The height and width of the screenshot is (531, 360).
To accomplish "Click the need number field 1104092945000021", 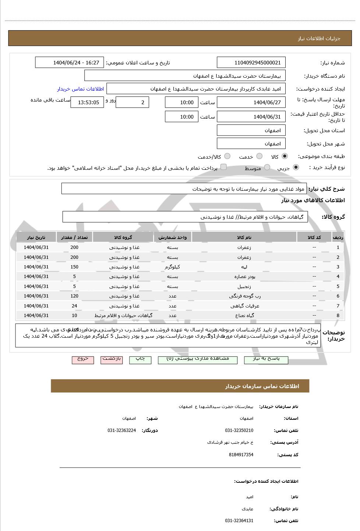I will click(x=251, y=63).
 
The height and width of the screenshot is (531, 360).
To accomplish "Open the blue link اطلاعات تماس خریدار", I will click(x=80, y=89).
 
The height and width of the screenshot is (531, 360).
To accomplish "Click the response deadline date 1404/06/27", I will click(x=251, y=102).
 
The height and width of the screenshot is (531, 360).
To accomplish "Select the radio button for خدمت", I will click(x=259, y=156).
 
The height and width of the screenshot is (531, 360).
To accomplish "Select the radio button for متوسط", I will click(x=267, y=168).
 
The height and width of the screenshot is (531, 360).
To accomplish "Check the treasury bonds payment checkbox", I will click(x=223, y=167).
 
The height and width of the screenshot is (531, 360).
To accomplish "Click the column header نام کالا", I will click(x=244, y=238).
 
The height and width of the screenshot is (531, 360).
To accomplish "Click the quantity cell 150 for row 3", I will click(x=74, y=267).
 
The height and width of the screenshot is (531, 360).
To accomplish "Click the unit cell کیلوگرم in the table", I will click(x=173, y=267).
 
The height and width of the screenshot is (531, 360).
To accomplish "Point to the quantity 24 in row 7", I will click(x=74, y=306).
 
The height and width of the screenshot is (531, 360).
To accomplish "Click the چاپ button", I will click(x=140, y=359).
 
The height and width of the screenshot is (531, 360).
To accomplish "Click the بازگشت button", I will click(x=112, y=359).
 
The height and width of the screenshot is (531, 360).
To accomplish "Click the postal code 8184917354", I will click(x=241, y=455).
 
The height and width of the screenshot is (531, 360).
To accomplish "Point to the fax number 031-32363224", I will click(x=121, y=430).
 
